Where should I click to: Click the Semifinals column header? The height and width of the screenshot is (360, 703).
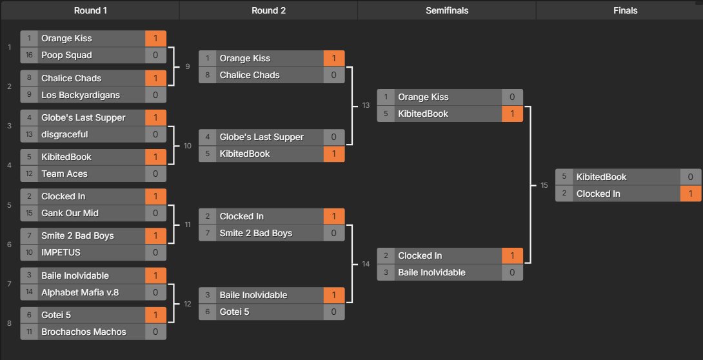(x=446, y=10)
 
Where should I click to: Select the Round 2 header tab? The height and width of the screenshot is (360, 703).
(x=268, y=10)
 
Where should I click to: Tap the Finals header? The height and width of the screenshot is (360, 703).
(x=624, y=10)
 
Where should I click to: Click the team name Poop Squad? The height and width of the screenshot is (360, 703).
(x=66, y=55)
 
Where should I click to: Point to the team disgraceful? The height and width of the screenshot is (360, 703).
(x=64, y=134)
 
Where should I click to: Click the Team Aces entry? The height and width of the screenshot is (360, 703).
(x=64, y=174)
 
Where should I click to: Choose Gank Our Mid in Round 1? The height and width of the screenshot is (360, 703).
(x=70, y=213)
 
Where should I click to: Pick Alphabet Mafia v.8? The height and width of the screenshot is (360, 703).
(x=80, y=292)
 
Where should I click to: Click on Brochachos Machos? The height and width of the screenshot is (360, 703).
(x=84, y=332)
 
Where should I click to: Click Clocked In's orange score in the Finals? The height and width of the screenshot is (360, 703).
(x=690, y=194)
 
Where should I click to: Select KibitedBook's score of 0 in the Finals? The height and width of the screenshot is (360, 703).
(x=690, y=177)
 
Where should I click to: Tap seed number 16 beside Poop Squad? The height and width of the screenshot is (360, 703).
(x=29, y=55)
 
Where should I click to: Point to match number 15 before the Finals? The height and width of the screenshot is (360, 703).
(x=544, y=185)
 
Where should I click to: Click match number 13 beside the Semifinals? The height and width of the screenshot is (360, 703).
(x=366, y=105)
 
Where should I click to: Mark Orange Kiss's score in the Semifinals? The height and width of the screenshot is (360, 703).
(x=512, y=97)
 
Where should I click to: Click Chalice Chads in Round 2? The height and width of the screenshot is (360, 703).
(x=250, y=75)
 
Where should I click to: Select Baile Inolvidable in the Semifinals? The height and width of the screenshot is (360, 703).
(x=431, y=272)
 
